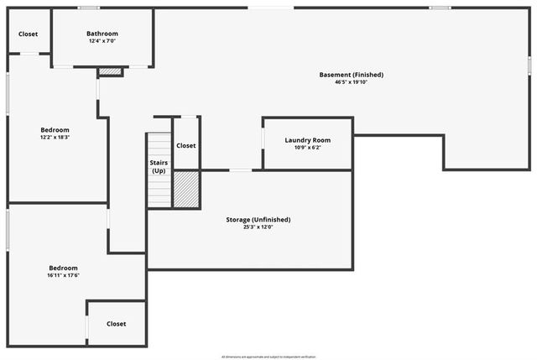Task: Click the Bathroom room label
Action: point(102,34)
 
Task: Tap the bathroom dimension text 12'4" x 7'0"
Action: point(102,41)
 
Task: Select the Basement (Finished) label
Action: point(351,75)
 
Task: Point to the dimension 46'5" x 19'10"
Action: point(351,82)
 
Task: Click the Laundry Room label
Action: point(308,140)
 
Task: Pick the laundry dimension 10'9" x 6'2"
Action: point(308,148)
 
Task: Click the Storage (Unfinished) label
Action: point(258,219)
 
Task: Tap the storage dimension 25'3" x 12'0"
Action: point(258,227)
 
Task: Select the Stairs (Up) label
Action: point(159,166)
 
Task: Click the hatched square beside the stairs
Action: point(185,190)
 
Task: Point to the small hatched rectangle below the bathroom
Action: point(111,72)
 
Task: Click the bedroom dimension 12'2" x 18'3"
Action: point(55,138)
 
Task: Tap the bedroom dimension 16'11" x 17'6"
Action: point(63,275)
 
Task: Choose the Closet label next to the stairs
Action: point(186,145)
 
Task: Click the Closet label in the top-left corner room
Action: point(29,34)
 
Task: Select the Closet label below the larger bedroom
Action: point(117,323)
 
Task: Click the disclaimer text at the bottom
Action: point(268,356)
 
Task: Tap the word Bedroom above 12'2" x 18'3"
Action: point(55,130)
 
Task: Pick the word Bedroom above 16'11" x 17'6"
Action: point(63,268)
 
